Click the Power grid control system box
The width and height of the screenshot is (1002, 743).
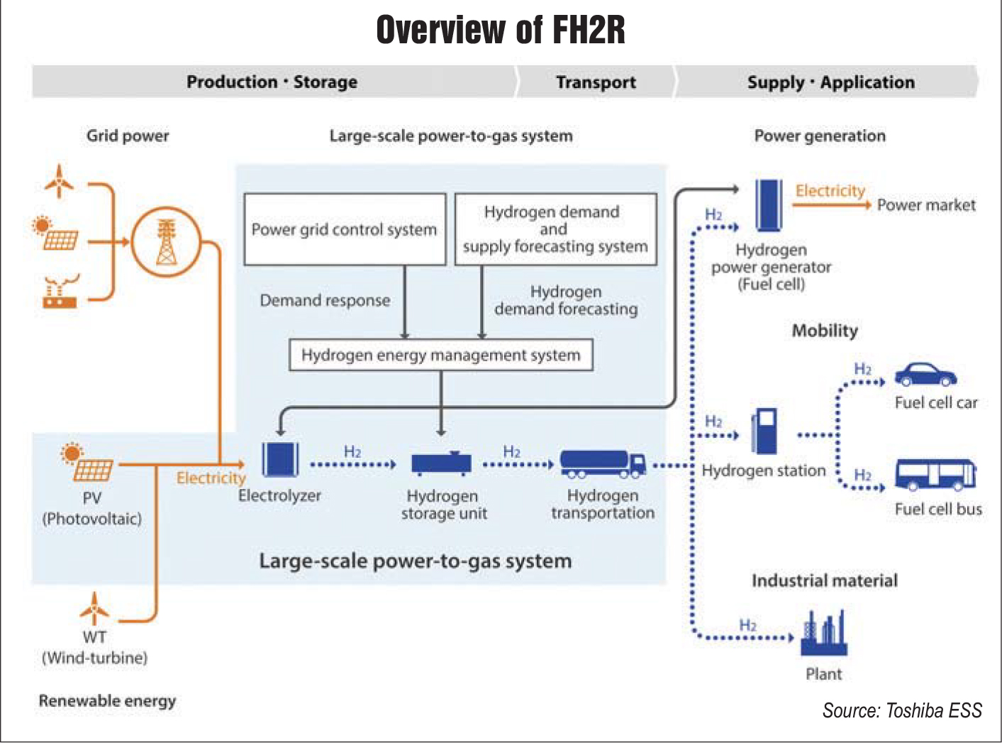345,229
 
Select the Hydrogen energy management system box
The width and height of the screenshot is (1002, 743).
440,355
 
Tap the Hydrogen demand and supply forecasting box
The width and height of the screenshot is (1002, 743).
555,229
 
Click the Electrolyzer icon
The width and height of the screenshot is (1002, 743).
280,460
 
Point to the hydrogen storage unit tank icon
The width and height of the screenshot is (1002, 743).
441,463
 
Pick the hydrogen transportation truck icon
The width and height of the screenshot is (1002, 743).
603,463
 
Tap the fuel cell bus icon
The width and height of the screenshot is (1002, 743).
935,475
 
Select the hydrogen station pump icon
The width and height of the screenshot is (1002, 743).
764,431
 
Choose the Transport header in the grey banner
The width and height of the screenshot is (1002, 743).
596,82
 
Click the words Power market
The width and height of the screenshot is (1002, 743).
926,205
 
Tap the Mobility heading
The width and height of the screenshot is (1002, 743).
825,331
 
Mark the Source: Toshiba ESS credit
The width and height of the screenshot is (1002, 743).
902,710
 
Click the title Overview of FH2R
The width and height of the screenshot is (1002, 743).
501,30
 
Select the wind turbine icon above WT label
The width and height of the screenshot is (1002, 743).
94,609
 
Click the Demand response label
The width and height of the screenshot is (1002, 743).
325,300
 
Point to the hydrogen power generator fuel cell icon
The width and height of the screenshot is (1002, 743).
768,204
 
